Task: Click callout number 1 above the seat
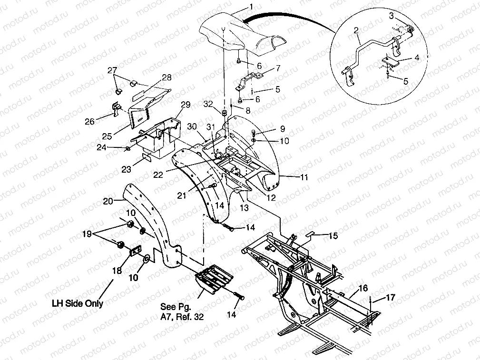(x=252, y=7)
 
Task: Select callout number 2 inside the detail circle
(x=355, y=30)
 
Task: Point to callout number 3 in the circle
(x=391, y=16)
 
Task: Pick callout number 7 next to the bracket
(x=278, y=68)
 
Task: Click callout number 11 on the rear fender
(x=304, y=177)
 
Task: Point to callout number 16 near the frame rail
(x=363, y=288)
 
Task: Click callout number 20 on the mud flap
(x=108, y=201)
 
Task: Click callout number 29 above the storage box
(x=185, y=104)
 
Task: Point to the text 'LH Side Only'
(x=78, y=303)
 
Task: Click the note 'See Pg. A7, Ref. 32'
(x=182, y=311)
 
